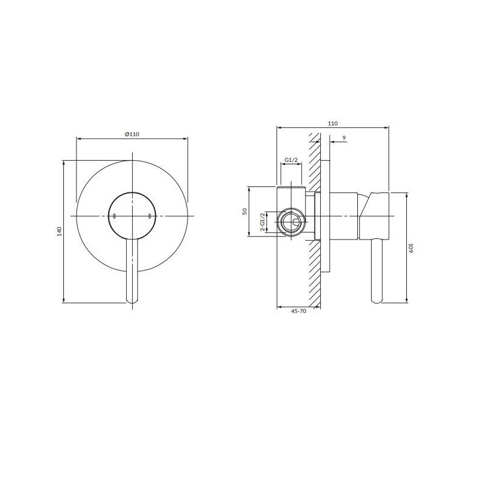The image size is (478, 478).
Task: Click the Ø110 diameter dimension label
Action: [132, 134]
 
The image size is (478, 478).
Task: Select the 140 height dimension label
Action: [59, 231]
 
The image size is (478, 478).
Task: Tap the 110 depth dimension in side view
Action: [333, 124]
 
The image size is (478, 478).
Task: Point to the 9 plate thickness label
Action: [344, 138]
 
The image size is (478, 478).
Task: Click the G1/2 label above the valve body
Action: [291, 160]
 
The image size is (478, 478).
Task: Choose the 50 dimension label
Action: [244, 212]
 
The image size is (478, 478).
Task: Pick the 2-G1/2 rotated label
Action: [262, 222]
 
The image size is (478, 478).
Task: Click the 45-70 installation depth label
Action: [299, 311]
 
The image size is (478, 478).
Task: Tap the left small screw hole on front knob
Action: [114, 216]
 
